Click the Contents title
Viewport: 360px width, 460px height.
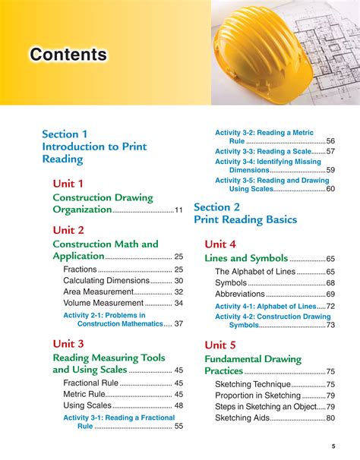tap(68, 55)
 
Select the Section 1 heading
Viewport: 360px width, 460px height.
tap(65, 134)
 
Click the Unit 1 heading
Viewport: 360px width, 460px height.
tap(68, 184)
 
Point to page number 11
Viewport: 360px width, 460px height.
tap(178, 210)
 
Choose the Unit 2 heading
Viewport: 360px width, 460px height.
tap(68, 229)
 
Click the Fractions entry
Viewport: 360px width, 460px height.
tap(80, 269)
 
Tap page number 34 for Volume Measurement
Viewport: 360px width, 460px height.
tap(178, 303)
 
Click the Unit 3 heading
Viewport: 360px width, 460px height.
tap(68, 343)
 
